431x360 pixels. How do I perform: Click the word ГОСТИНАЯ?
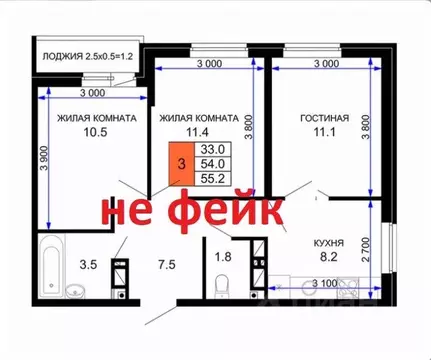coord(324,119)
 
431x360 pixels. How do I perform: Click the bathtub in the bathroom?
coord(51,265)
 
